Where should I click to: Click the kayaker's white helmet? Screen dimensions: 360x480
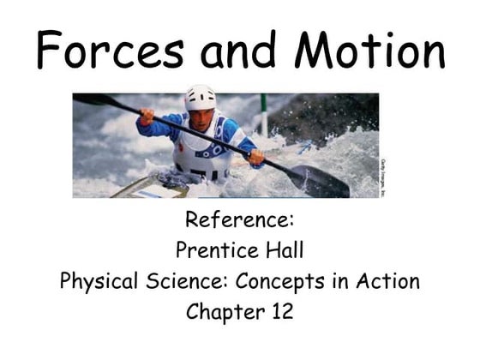[x=200, y=98]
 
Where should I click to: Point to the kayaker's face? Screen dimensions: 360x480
[x=201, y=117]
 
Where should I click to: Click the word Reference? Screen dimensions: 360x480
[x=239, y=221]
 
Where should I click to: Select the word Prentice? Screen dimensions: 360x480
[x=209, y=251]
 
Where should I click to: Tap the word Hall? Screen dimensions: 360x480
[x=284, y=251]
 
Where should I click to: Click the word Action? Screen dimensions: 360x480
[x=388, y=281]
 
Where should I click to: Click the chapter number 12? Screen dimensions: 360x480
[x=279, y=311]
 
